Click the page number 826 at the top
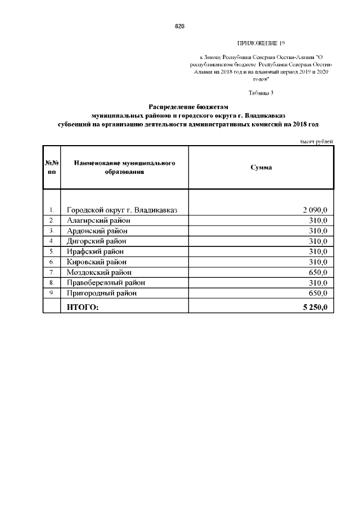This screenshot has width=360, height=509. [180, 26]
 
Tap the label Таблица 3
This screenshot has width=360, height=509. [261, 92]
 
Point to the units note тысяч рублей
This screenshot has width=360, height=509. [316, 141]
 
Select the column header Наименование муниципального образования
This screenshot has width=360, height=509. [124, 167]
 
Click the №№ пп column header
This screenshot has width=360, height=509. [51, 167]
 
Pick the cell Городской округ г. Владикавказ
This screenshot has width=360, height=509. [122, 210]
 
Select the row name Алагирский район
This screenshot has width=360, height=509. [97, 220]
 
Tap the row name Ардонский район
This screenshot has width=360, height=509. [97, 231]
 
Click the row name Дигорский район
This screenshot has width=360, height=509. [97, 241]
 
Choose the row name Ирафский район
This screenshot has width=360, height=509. [94, 251]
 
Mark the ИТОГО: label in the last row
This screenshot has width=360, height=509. [83, 307]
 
